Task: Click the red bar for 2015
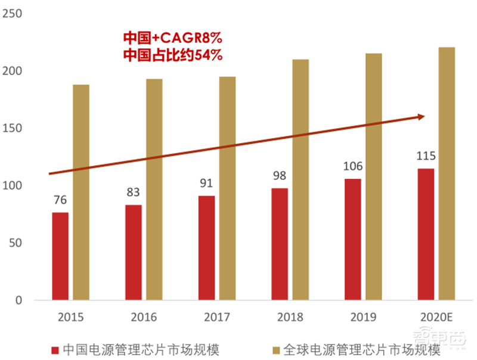point(60,256)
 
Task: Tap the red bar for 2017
point(206,248)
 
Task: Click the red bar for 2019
point(352,239)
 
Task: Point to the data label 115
point(426,156)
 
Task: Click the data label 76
point(60,200)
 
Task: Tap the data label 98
point(280,176)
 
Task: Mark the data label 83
point(134,193)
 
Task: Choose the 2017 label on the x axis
point(218,317)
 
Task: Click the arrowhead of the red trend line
point(421,116)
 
